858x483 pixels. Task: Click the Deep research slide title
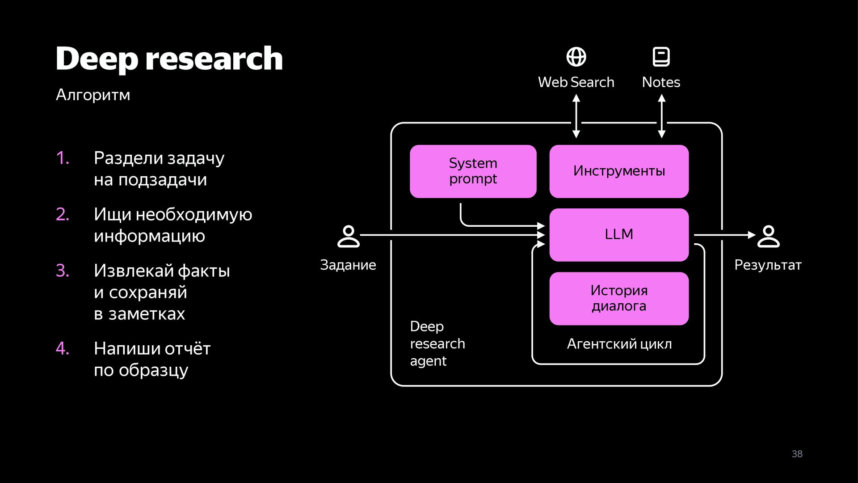click(x=169, y=59)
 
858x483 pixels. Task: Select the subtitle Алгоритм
click(x=93, y=95)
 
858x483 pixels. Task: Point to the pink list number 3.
click(x=63, y=271)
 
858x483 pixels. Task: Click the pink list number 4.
click(x=63, y=348)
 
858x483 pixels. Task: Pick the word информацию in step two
click(x=149, y=236)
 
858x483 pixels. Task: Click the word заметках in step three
click(x=147, y=314)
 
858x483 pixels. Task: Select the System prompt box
click(x=473, y=171)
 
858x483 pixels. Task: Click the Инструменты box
click(x=619, y=171)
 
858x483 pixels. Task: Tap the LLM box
click(x=619, y=235)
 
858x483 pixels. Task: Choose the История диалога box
click(x=619, y=298)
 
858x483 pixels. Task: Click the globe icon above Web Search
click(x=576, y=57)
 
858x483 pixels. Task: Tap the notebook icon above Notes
click(x=661, y=57)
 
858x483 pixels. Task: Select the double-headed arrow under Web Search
click(x=576, y=116)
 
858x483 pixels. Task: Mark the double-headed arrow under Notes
click(x=662, y=116)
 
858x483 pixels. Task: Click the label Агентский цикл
click(x=619, y=344)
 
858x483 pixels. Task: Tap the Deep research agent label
click(x=437, y=343)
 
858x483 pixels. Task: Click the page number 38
click(x=797, y=454)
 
